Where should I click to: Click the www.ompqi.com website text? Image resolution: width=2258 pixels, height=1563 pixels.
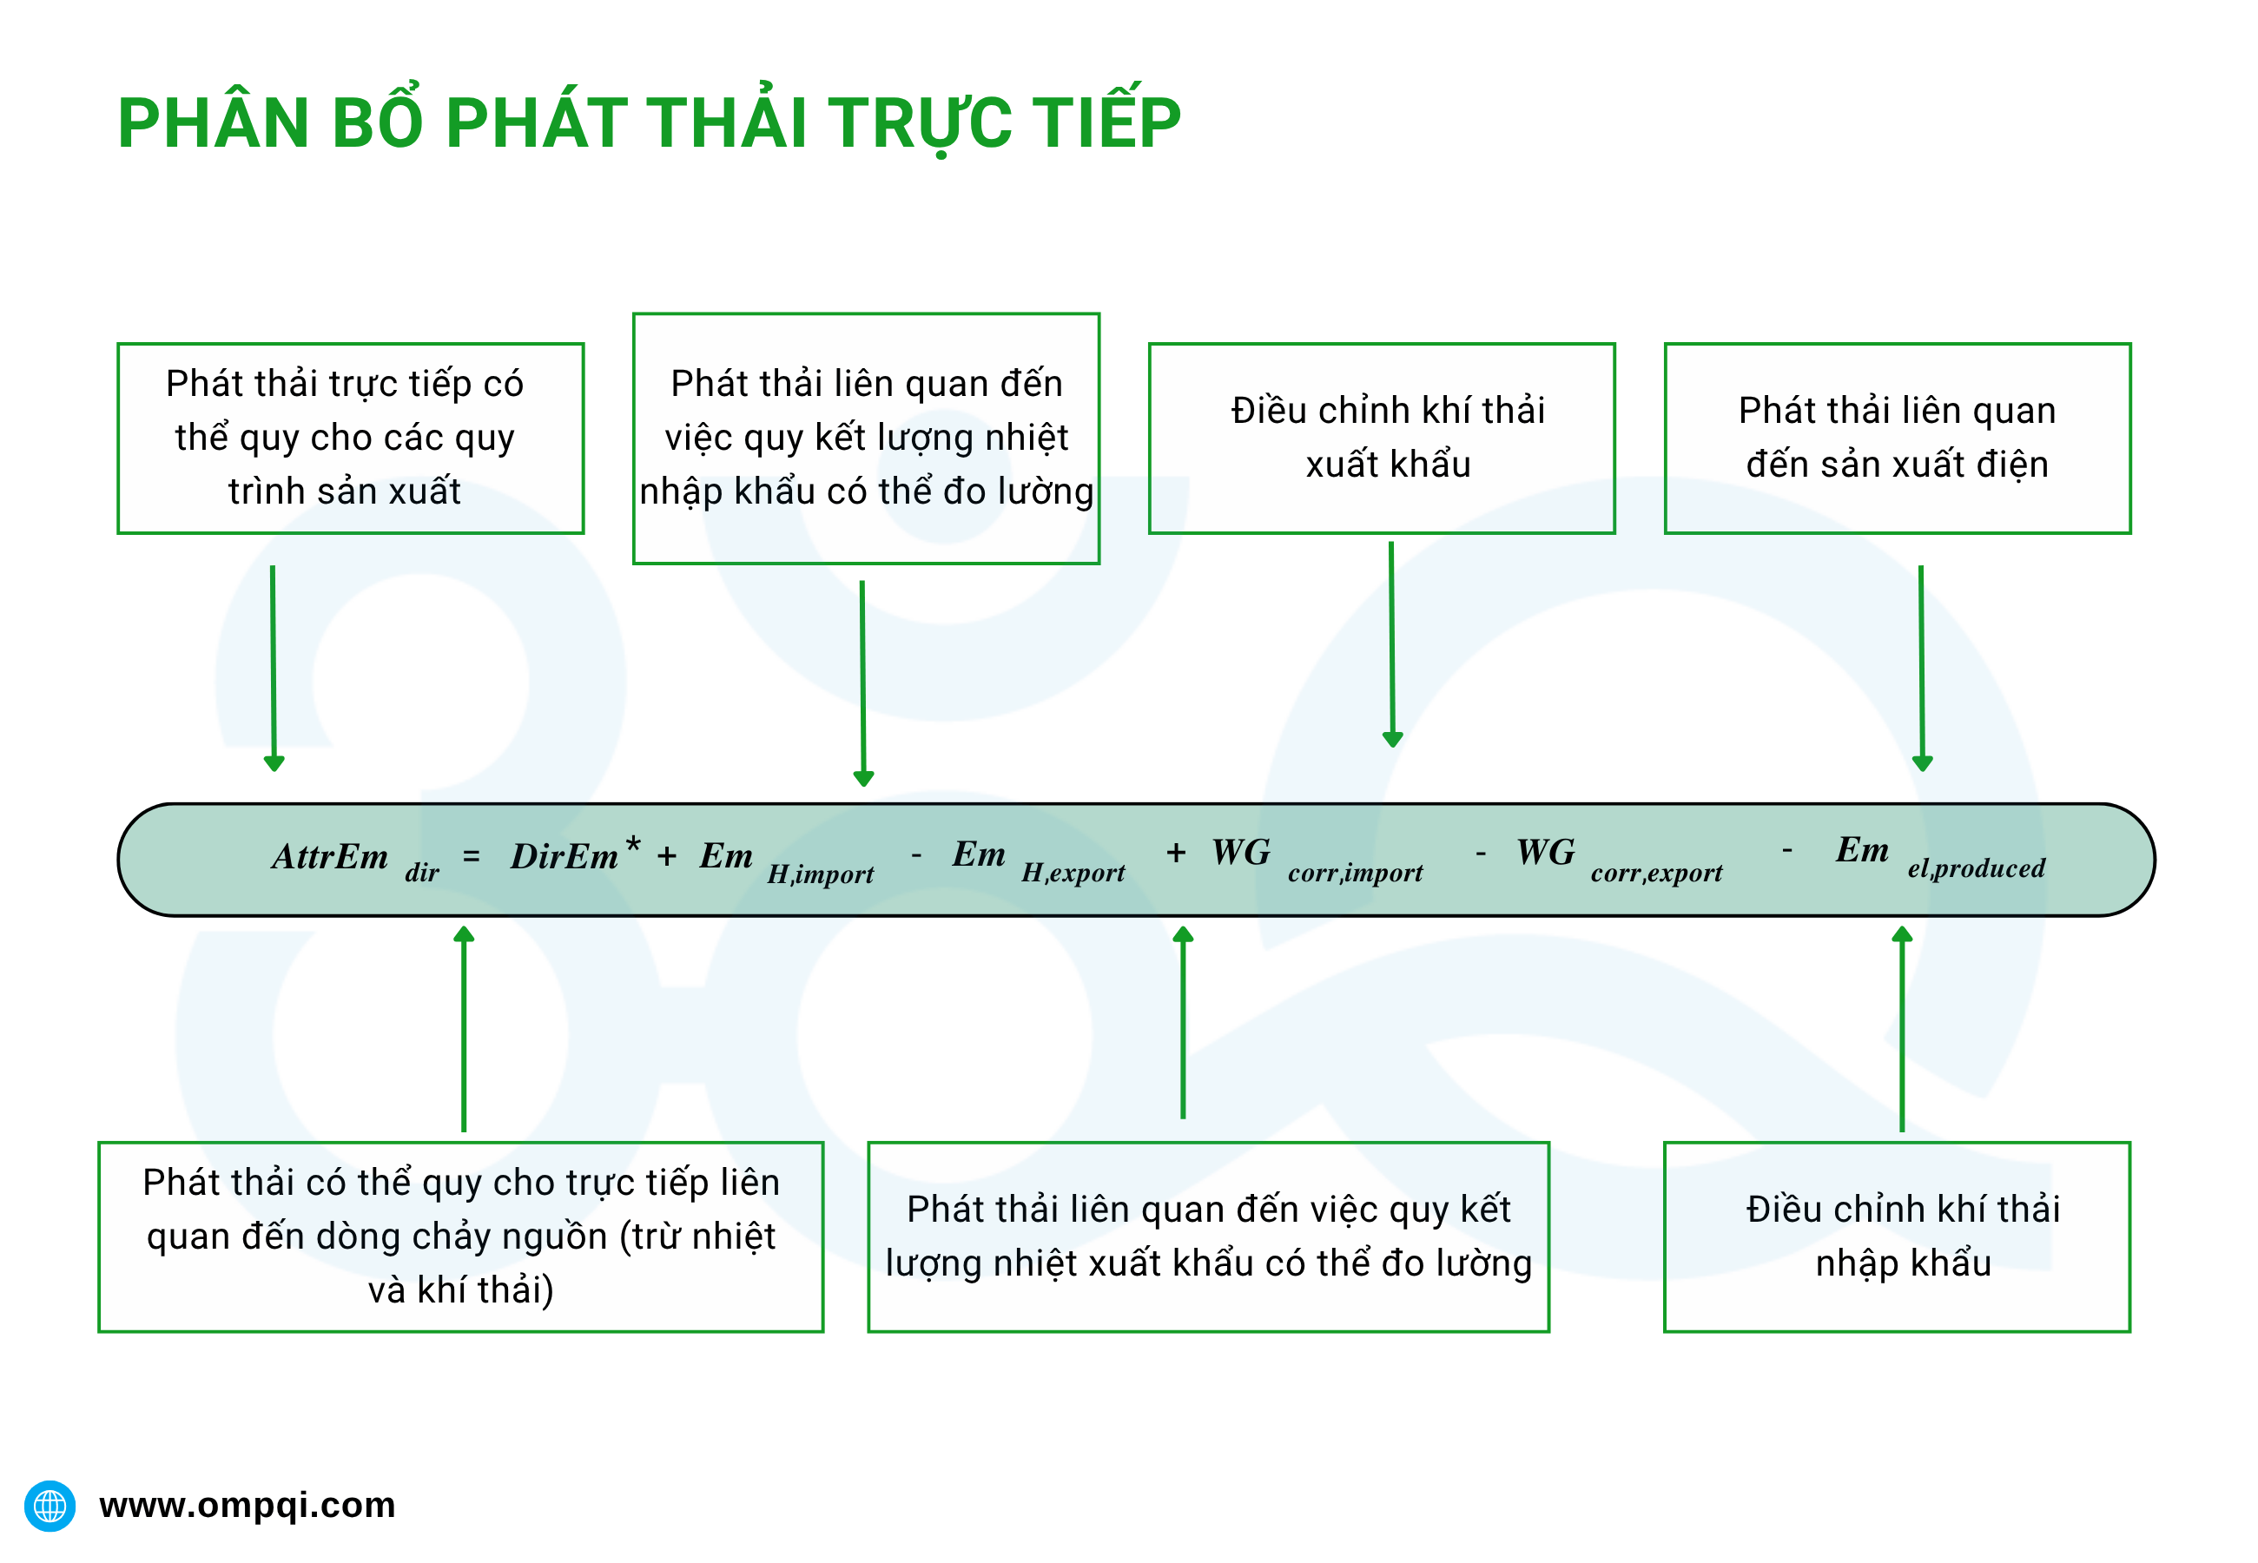[247, 1504]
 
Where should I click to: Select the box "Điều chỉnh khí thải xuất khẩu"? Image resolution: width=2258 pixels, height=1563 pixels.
[1381, 438]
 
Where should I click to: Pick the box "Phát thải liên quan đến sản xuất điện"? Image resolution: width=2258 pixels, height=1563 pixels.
[1897, 438]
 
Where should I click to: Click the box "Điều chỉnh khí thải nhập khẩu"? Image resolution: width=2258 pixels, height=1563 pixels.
[1897, 1236]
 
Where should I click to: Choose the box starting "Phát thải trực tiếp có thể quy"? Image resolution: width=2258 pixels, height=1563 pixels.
[351, 438]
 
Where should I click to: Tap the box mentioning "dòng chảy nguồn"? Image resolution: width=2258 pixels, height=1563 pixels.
[460, 1236]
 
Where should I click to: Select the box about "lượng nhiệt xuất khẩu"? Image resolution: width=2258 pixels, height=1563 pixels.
[1207, 1236]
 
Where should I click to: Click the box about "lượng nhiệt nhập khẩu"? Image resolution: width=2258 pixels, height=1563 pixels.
[866, 438]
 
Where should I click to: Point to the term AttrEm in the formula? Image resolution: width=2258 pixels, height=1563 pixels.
[330, 857]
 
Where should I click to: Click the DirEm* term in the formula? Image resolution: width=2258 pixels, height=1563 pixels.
[574, 855]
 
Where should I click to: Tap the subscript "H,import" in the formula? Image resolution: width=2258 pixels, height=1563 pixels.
[820, 874]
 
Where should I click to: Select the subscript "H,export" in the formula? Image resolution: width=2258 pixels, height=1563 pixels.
[1073, 873]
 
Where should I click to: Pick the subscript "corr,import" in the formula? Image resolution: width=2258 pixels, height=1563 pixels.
[1354, 873]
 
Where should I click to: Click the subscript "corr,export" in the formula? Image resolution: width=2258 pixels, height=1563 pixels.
[1656, 873]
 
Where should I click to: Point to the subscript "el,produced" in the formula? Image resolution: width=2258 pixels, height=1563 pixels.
[1975, 867]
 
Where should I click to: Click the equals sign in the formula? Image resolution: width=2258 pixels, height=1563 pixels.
[471, 857]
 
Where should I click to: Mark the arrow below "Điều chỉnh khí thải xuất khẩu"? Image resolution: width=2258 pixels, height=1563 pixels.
[1391, 643]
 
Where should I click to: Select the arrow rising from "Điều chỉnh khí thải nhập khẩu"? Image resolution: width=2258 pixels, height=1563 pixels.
[1902, 1028]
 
